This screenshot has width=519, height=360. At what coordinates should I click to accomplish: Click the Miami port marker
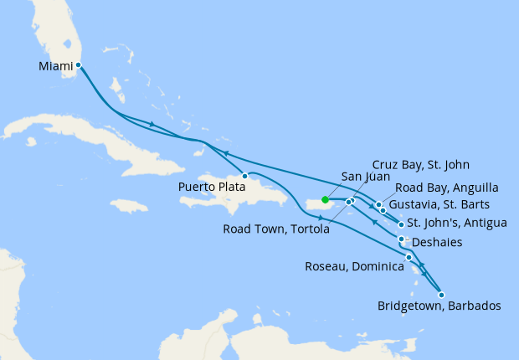click(78, 64)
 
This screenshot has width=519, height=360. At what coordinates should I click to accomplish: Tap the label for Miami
click(54, 64)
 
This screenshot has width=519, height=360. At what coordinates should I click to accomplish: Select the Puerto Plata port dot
click(244, 176)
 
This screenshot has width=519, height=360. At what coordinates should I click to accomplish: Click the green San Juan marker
click(324, 199)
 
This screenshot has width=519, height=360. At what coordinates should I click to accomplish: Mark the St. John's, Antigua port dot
click(402, 224)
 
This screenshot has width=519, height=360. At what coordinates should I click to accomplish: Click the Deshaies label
click(441, 242)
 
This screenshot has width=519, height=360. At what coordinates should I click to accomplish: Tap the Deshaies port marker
click(402, 239)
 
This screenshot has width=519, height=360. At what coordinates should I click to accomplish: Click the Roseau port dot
click(409, 257)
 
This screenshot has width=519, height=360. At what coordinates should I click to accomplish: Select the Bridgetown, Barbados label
click(439, 306)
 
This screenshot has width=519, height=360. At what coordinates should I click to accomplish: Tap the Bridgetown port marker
click(441, 294)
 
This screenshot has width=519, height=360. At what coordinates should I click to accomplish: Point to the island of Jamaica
click(128, 205)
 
